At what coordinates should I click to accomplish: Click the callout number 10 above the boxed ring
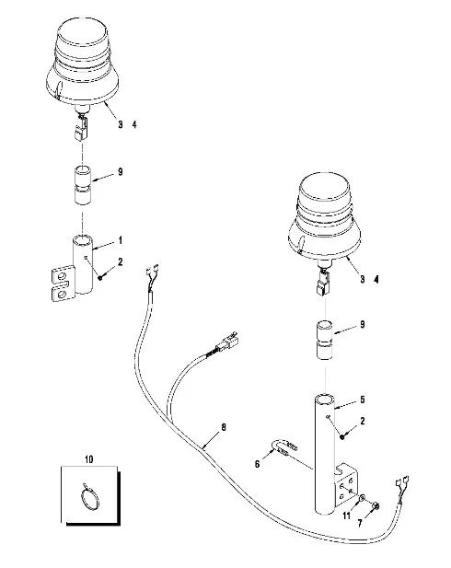88,459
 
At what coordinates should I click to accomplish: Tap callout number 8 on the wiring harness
224,427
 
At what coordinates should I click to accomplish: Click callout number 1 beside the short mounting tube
121,240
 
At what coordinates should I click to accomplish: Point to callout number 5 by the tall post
363,400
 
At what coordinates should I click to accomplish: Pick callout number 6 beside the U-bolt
257,464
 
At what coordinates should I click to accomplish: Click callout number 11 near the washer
359,524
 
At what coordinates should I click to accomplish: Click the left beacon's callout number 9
121,172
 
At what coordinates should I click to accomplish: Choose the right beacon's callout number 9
363,325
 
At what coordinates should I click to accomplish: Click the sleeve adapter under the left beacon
83,185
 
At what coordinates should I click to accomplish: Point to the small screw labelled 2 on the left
100,277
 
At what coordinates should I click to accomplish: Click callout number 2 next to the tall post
363,421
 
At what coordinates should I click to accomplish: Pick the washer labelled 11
362,499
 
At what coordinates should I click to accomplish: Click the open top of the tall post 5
325,400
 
